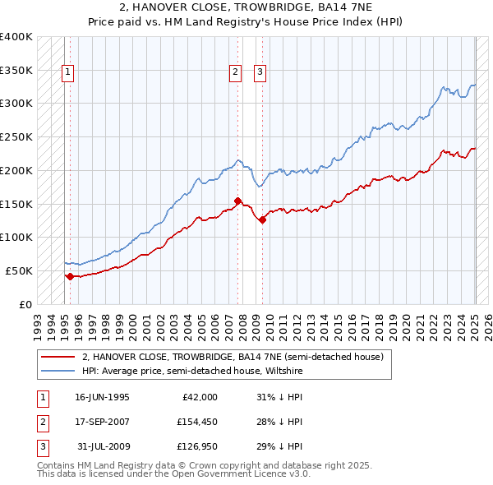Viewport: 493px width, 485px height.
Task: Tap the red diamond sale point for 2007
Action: [x=237, y=201]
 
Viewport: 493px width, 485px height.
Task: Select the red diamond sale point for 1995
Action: [x=70, y=276]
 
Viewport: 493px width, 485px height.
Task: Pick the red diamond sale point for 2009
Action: [x=263, y=219]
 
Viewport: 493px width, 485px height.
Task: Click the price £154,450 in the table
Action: [x=195, y=422]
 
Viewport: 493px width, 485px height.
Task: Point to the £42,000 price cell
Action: [x=199, y=397]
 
